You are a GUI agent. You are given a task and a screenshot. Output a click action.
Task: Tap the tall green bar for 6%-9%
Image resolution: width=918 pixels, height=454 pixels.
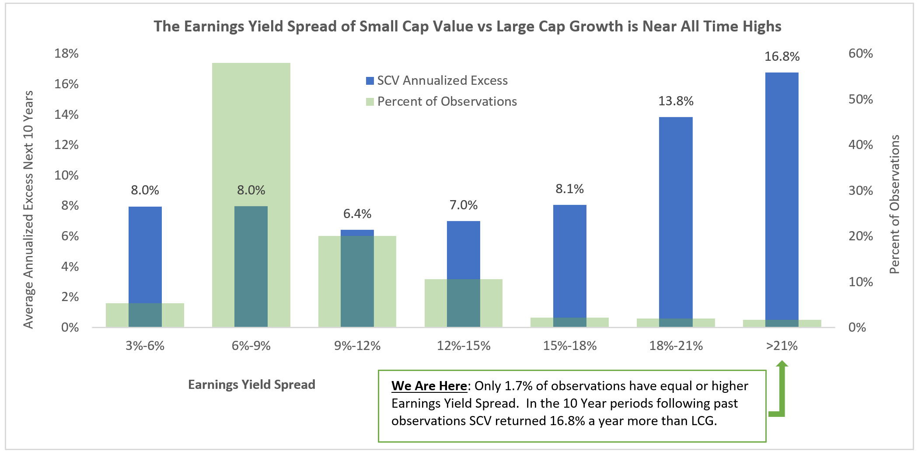[251, 131]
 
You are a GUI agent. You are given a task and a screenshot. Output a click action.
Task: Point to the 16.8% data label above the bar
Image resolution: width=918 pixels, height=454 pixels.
[782, 56]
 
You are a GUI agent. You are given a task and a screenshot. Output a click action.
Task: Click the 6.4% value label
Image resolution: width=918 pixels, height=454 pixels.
[357, 214]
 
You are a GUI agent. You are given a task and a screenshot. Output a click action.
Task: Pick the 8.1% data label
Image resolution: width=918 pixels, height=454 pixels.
[569, 189]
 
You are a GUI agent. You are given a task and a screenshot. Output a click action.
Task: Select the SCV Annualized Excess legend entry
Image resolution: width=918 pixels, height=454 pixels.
[437, 80]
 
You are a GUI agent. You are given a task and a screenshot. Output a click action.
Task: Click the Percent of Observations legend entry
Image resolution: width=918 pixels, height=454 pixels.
[441, 101]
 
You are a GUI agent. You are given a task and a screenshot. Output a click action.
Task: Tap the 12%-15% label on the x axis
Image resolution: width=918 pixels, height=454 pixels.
[464, 346]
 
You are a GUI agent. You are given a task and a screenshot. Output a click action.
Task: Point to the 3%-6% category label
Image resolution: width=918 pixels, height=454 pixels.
[145, 346]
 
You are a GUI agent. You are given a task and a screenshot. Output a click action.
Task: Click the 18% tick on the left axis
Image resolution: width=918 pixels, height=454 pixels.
[66, 53]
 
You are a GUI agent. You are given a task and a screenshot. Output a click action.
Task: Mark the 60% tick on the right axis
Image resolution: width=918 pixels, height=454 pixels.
[860, 53]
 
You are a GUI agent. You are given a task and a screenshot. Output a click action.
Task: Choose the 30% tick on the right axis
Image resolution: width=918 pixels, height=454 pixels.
[860, 191]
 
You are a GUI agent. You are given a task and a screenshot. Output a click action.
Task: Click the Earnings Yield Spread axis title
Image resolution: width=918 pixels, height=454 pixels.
[251, 385]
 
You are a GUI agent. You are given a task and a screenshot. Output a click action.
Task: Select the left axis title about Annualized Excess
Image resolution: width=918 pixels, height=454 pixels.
[28, 210]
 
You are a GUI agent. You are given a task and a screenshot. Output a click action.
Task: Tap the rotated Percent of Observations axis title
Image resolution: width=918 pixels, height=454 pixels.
[895, 204]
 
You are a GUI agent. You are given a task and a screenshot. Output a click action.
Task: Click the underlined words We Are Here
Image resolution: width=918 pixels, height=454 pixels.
[429, 386]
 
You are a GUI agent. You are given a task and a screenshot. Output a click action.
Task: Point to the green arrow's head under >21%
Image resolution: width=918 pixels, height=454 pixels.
[782, 364]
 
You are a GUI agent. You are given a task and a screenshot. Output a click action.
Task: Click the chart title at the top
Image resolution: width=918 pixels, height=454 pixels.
[467, 26]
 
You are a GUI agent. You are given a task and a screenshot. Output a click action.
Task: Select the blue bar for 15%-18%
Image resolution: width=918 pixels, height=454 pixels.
[569, 262]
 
